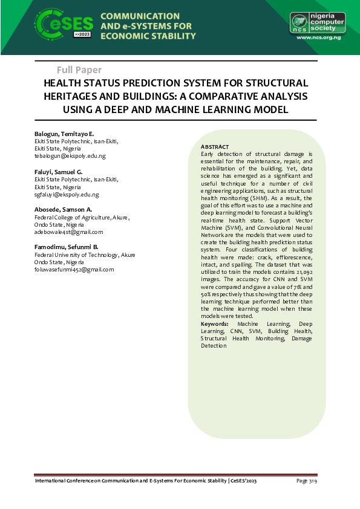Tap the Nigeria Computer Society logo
[317, 22]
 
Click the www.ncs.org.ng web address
[319, 37]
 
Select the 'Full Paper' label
[79, 70]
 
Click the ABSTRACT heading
[215, 147]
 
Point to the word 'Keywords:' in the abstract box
[215, 325]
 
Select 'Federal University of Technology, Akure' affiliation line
[85, 254]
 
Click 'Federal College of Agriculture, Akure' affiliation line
[81, 217]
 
